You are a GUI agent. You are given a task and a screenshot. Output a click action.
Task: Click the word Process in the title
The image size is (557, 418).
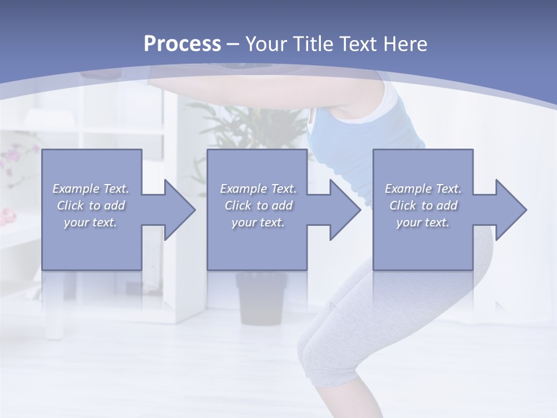(182, 44)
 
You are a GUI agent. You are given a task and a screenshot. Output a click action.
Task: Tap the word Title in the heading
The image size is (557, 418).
(309, 44)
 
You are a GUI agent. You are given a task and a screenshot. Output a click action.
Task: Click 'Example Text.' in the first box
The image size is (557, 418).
(91, 189)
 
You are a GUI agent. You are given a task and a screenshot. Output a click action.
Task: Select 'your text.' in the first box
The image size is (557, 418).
(91, 222)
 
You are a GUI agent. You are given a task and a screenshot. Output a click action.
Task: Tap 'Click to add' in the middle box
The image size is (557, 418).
(258, 206)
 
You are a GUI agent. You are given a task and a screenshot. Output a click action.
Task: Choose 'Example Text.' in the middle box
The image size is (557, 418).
(258, 189)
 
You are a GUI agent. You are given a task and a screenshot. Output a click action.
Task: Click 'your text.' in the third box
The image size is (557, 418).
(423, 222)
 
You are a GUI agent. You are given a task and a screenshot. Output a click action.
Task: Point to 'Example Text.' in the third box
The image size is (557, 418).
(423, 189)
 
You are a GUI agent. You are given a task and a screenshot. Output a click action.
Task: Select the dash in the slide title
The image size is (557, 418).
(233, 44)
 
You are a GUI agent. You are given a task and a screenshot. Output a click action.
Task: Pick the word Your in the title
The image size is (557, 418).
(265, 44)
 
